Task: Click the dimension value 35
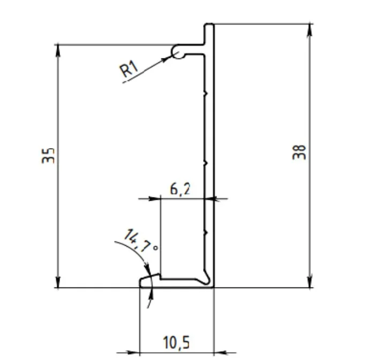48,156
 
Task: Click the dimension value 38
299,152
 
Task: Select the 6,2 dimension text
180,189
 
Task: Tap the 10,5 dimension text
176,342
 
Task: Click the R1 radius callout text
129,69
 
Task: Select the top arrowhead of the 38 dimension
310,30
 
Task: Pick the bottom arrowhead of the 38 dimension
310,282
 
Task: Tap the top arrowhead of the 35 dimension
58,50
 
